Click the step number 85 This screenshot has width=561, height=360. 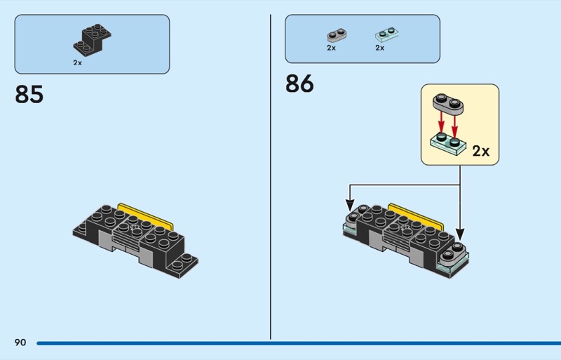pyautogui.click(x=29, y=94)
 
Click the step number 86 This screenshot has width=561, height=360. pyautogui.click(x=299, y=84)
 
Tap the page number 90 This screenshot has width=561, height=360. pyautogui.click(x=20, y=342)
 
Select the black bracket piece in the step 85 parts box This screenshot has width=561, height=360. pyautogui.click(x=92, y=39)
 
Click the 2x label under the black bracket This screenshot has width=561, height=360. pyautogui.click(x=77, y=62)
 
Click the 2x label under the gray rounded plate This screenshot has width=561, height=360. pyautogui.click(x=331, y=48)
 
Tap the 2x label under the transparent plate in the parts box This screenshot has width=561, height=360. pyautogui.click(x=379, y=48)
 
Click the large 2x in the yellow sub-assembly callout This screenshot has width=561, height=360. pyautogui.click(x=481, y=151)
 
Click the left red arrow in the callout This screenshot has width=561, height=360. pyautogui.click(x=441, y=123)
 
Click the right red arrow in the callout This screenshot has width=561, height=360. pyautogui.click(x=456, y=124)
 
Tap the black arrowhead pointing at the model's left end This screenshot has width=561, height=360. pyautogui.click(x=351, y=206)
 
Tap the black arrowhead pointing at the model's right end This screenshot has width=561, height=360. pyautogui.click(x=460, y=234)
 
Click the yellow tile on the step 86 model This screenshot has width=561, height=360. pyautogui.click(x=414, y=213)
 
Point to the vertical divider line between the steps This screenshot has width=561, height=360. pyautogui.click(x=271, y=175)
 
